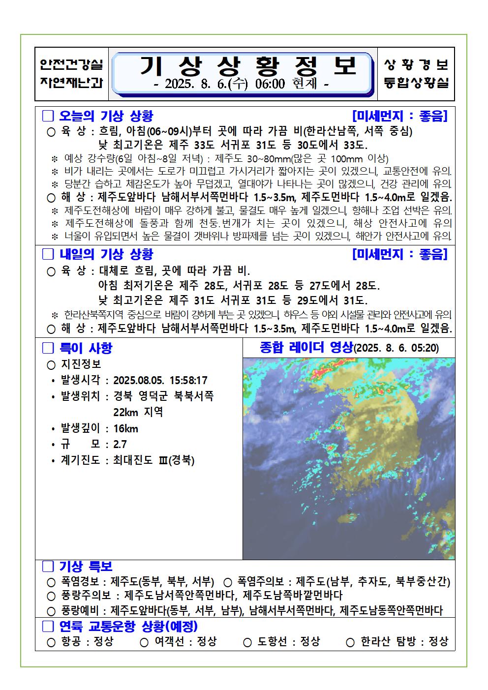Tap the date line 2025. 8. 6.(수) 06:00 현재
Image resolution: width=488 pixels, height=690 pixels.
click(242, 84)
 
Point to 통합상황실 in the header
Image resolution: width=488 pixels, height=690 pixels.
click(416, 83)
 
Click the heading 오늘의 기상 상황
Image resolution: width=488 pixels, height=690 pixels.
click(106, 116)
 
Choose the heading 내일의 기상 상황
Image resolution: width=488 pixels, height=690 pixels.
click(106, 254)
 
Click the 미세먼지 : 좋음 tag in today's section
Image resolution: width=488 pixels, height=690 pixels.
click(400, 116)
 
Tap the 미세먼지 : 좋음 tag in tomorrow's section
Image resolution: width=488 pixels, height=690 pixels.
click(400, 254)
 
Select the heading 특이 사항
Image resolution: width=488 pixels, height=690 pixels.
click(86, 348)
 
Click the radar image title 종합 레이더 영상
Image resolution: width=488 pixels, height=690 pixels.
click(306, 347)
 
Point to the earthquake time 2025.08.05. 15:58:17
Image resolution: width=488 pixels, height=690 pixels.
click(160, 380)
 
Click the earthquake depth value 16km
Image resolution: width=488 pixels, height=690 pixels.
click(125, 428)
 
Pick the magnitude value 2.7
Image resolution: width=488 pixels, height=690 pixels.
click(120, 444)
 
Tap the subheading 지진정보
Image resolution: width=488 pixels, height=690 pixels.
click(81, 364)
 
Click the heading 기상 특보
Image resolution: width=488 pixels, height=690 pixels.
click(86, 567)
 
